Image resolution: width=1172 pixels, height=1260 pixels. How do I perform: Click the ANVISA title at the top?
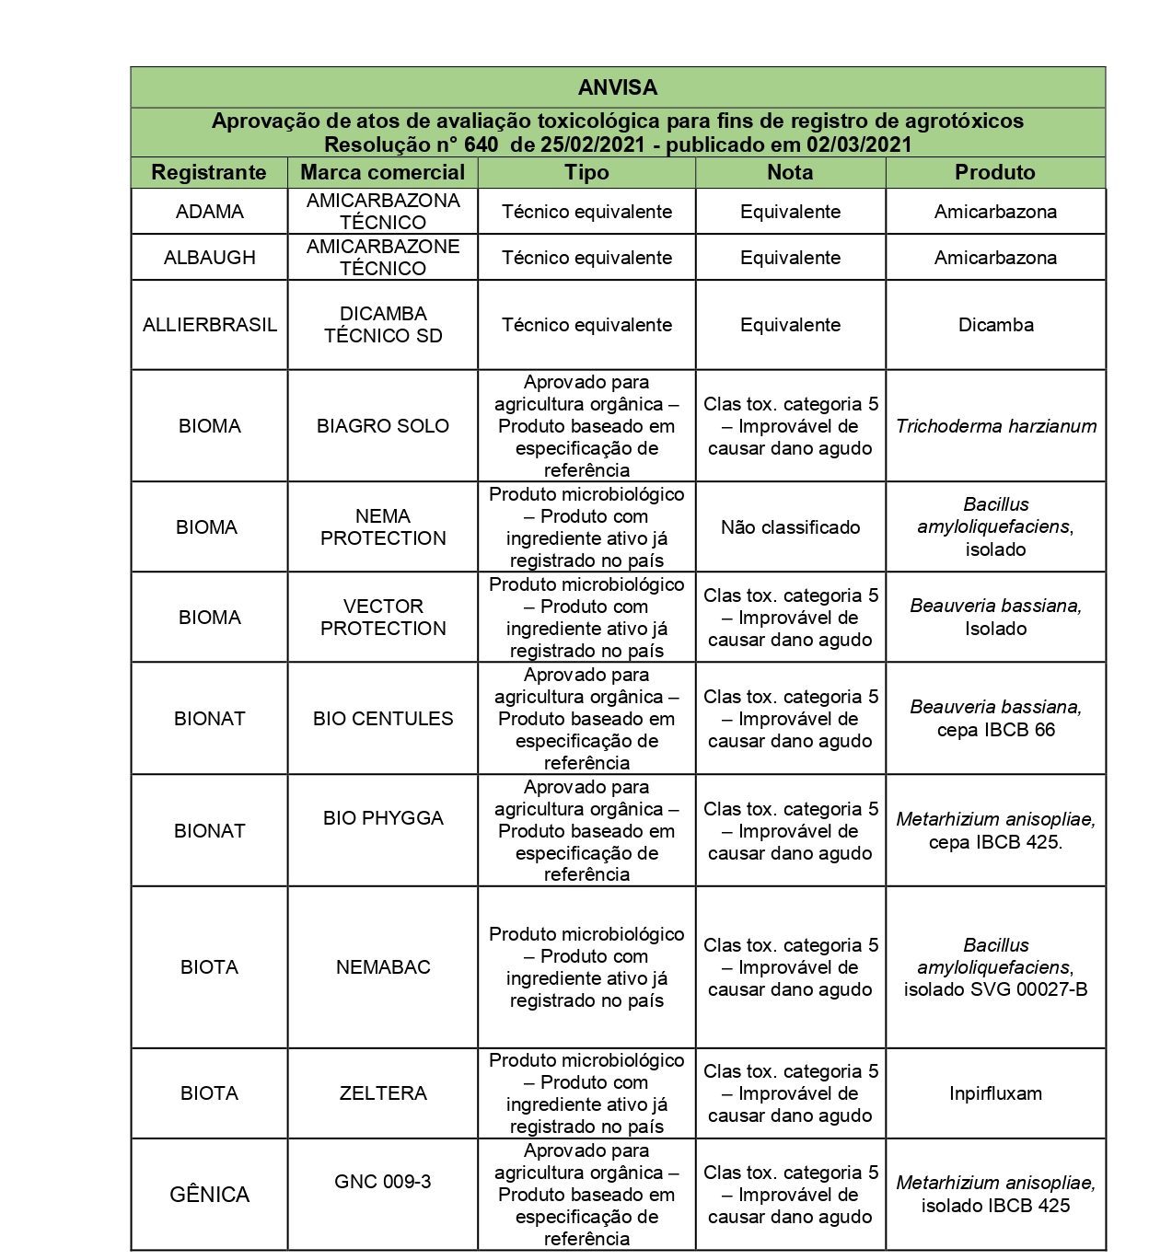[618, 87]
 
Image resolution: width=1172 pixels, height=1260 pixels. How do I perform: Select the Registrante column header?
[209, 172]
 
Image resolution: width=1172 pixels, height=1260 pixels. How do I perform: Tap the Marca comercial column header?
[382, 172]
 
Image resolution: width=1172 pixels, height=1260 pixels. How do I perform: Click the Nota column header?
[790, 172]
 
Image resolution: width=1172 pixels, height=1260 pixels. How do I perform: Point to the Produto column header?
[994, 172]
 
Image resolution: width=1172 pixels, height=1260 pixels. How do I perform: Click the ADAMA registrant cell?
[209, 212]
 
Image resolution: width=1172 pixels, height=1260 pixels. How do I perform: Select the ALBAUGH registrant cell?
[209, 258]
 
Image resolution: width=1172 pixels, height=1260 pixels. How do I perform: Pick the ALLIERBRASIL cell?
[209, 325]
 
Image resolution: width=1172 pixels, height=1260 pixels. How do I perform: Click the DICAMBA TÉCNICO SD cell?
[382, 325]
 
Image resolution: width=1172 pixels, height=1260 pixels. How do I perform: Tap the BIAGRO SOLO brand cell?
[382, 426]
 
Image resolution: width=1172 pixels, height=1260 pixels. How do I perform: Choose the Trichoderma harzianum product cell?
[995, 426]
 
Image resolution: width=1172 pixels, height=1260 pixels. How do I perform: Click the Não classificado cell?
[790, 527]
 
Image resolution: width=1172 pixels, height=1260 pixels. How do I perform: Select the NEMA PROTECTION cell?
[382, 527]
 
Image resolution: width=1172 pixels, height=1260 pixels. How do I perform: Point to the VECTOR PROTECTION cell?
[382, 618]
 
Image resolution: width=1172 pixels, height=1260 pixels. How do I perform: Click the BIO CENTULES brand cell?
[382, 719]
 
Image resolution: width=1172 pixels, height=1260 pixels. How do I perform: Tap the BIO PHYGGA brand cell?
[382, 818]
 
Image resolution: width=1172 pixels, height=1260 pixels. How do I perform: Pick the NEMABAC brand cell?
[382, 967]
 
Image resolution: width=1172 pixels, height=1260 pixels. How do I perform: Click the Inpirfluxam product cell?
[995, 1093]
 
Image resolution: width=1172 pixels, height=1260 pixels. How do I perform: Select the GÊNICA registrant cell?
[209, 1195]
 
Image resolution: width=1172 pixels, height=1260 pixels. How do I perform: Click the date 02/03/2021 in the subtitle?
[859, 144]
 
